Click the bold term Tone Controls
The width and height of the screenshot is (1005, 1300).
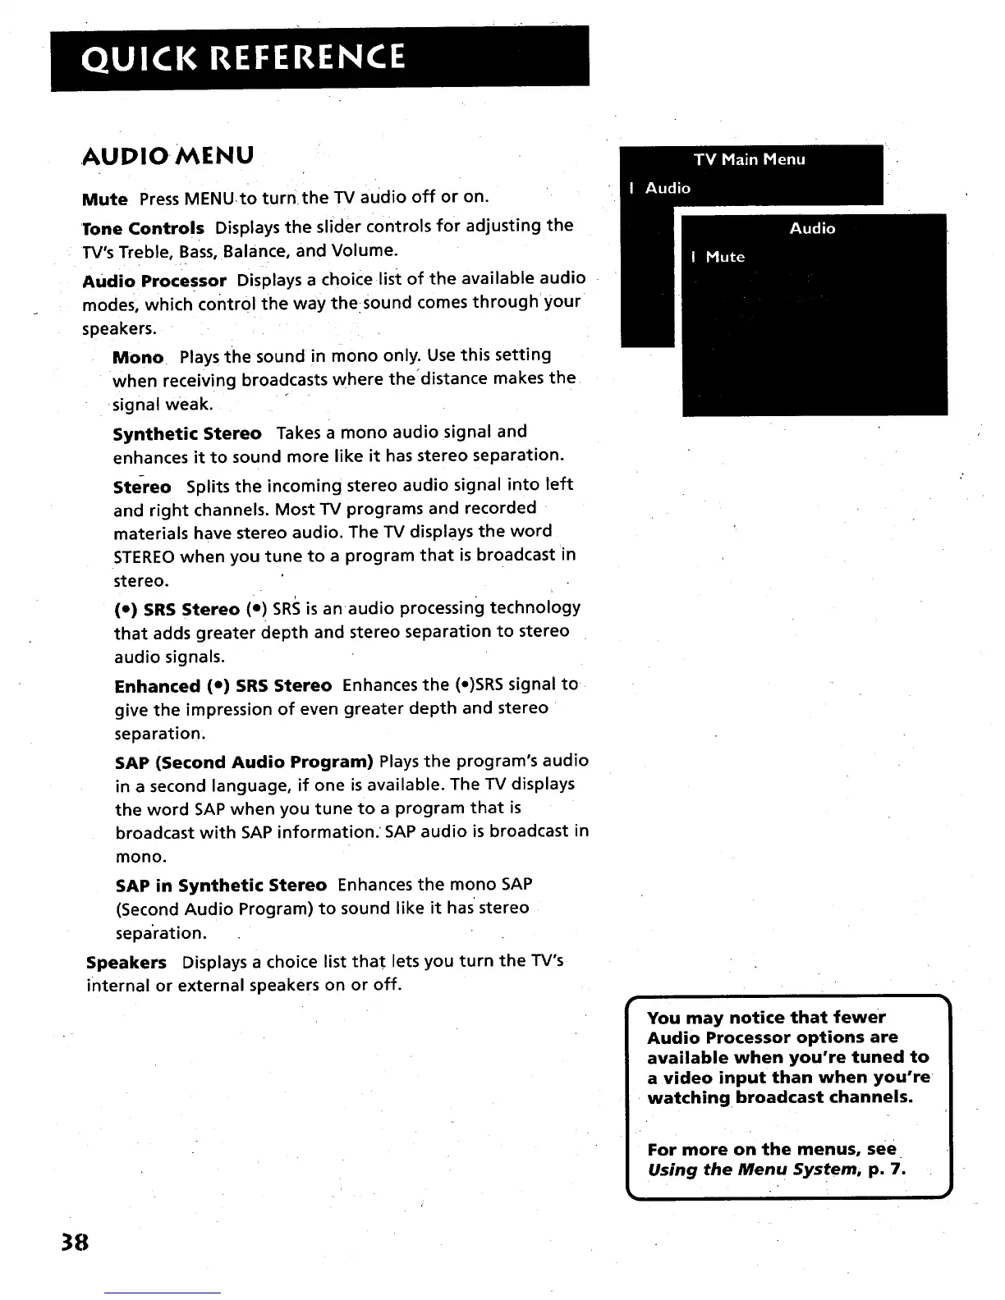[144, 227]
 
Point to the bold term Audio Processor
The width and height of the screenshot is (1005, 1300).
[154, 281]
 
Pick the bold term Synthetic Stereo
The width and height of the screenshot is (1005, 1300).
[187, 433]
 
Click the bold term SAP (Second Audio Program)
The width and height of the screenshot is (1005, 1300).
[245, 761]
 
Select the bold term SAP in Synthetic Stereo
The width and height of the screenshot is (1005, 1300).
[221, 886]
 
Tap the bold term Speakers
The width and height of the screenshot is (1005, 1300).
[126, 962]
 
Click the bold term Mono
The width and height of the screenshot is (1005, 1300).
[138, 358]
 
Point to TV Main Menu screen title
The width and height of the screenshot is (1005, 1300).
[750, 159]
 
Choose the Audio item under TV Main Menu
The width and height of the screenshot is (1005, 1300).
[668, 188]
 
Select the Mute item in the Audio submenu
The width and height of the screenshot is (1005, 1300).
[725, 257]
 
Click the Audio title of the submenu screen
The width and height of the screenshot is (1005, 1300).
[812, 228]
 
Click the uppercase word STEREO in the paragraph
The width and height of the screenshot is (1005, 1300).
[144, 556]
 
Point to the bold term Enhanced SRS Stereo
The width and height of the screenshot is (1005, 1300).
[223, 686]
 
